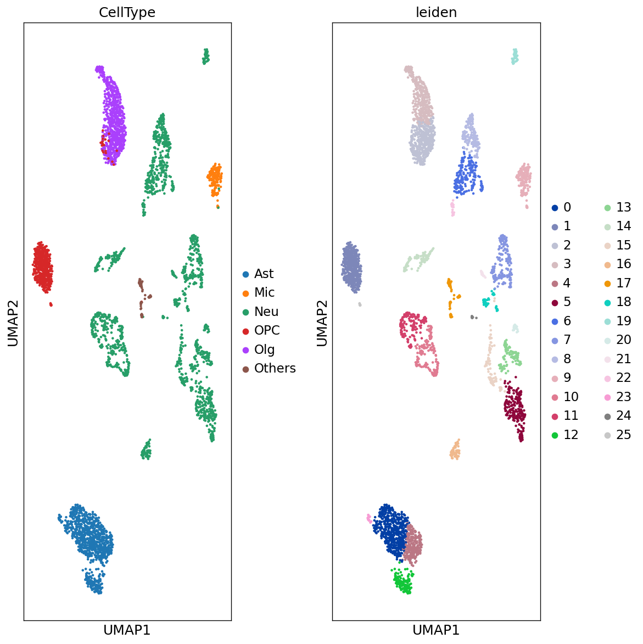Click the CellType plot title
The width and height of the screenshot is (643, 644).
pyautogui.click(x=127, y=13)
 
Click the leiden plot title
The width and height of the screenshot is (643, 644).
pyautogui.click(x=436, y=13)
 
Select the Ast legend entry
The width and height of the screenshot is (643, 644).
pyautogui.click(x=264, y=274)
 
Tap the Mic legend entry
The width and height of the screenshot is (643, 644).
pyautogui.click(x=264, y=292)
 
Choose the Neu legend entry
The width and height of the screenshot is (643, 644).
pyautogui.click(x=266, y=312)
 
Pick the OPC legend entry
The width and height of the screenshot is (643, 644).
pyautogui.click(x=267, y=330)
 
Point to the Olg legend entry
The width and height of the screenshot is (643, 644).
pyautogui.click(x=264, y=349)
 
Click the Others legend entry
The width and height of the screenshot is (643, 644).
pyautogui.click(x=275, y=368)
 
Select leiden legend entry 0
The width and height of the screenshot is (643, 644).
pyautogui.click(x=567, y=207)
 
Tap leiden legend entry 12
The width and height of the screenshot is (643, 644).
pyautogui.click(x=571, y=435)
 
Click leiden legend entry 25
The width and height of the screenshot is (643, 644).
pyautogui.click(x=623, y=435)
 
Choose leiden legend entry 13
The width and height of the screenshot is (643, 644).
pyautogui.click(x=623, y=207)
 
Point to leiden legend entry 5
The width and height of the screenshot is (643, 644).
pyautogui.click(x=567, y=302)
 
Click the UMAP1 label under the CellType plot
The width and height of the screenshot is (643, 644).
pyautogui.click(x=127, y=630)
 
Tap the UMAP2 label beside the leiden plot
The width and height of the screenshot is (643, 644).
pyautogui.click(x=322, y=323)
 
